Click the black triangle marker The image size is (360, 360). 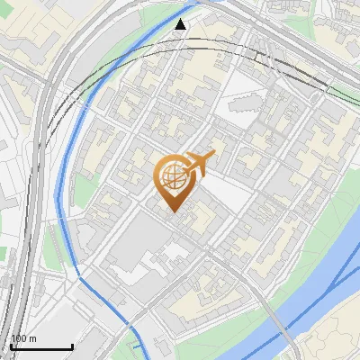[x=181, y=24]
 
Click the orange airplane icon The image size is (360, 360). [x=200, y=165]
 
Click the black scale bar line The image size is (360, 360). [x=41, y=347]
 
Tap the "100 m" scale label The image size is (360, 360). [x=24, y=338]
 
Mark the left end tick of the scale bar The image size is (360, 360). [x=11, y=346]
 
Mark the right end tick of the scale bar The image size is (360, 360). [x=72, y=346]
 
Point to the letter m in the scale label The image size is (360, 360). [x=32, y=338]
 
